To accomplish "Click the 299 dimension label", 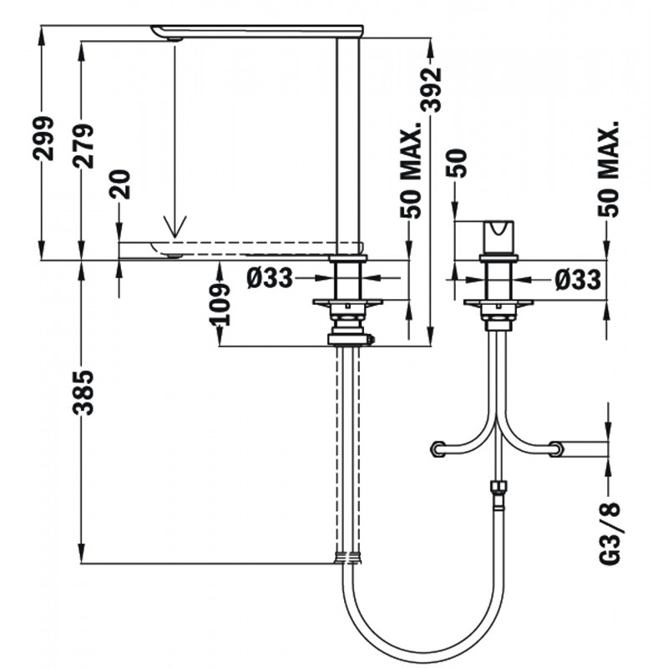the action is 43,138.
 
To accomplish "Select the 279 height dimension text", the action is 83,145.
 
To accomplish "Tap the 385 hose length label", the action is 83,392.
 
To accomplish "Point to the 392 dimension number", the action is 430,90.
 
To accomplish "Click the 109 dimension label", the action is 220,305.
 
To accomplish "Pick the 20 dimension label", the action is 119,184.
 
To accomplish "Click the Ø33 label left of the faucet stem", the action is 270,279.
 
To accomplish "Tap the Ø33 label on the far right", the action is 578,280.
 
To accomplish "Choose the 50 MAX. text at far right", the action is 608,169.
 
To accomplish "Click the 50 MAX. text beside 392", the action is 411,170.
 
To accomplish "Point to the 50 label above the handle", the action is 456,163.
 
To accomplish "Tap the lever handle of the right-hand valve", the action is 498,237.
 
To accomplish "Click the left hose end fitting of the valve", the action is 438,449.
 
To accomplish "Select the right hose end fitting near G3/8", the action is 556,449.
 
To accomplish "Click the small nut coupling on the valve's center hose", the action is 498,487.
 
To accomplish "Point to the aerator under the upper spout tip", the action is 175,39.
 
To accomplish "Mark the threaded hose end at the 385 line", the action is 348,557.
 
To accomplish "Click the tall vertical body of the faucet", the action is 348,145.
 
